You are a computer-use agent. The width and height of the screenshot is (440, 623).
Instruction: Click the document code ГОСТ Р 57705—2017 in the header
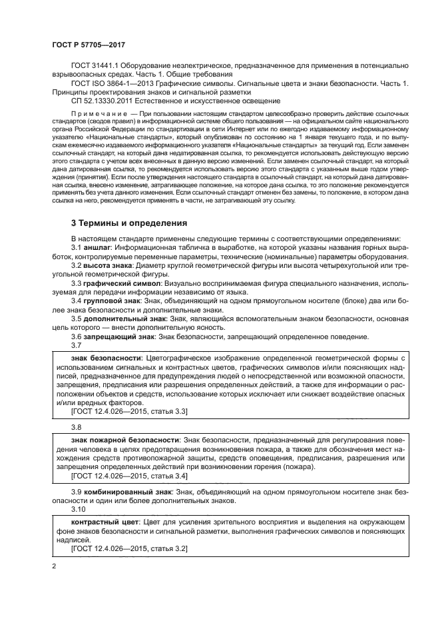pos(89,45)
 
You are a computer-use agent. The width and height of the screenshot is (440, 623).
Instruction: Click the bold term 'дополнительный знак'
pos(125,318)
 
